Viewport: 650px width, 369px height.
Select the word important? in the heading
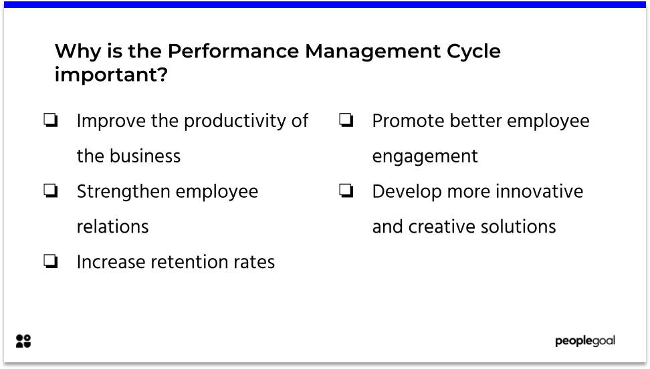point(111,76)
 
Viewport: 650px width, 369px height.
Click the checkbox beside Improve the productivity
point(50,121)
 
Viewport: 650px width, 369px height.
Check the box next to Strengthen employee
point(50,192)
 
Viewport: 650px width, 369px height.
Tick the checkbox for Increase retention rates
point(50,262)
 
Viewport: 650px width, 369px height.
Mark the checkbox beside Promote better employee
point(346,121)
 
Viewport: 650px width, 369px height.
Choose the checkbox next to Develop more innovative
point(346,192)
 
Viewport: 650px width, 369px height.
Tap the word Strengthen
point(119,192)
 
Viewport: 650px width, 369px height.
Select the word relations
point(112,227)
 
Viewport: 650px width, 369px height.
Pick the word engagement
point(425,156)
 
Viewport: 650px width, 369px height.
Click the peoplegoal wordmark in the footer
point(584,341)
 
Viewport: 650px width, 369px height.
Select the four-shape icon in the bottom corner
point(23,341)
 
